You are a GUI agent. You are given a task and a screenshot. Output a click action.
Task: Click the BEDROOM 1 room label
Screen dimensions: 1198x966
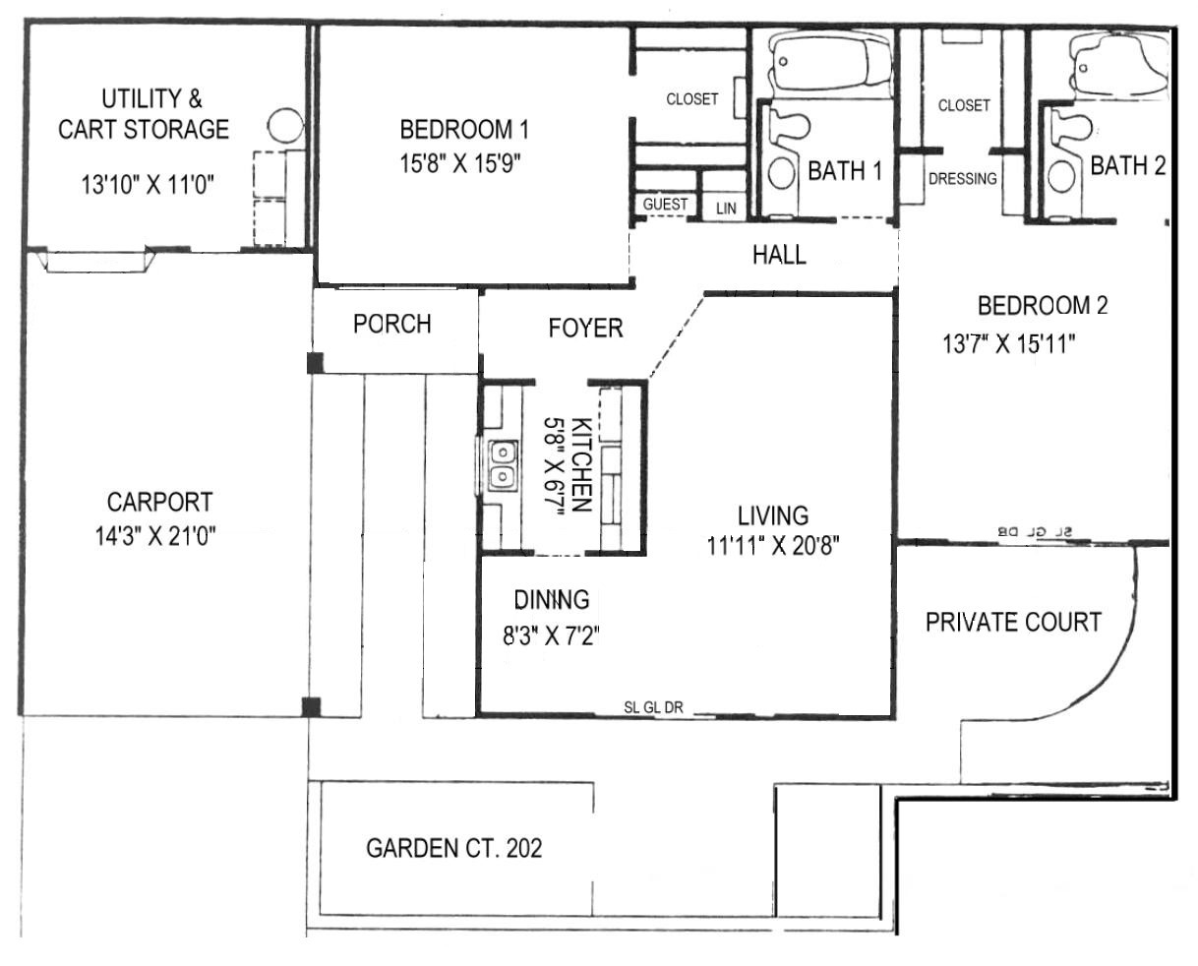coord(463,129)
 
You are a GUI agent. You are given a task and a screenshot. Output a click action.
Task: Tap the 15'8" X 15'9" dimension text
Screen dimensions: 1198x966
coord(460,163)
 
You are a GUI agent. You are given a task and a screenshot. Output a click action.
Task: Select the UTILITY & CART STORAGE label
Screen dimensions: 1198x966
coord(144,114)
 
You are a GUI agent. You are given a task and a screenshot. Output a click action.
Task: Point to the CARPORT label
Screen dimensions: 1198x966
coord(159,503)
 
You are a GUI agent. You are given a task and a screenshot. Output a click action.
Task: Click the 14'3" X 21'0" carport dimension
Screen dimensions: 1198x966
coord(155,536)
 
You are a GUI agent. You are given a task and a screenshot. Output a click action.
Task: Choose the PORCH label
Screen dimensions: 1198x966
coord(392,324)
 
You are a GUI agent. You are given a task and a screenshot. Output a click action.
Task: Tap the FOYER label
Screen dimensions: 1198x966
coord(585,328)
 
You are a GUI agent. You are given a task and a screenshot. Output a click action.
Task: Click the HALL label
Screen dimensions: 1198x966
coord(779,255)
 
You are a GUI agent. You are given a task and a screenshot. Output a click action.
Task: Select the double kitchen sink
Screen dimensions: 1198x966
coord(503,465)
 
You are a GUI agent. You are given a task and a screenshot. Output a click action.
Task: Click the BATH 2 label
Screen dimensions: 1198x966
coord(1128,166)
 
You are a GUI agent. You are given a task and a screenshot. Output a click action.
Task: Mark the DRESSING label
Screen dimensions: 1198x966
coord(963,179)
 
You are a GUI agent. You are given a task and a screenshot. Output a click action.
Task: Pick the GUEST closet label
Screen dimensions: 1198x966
coord(665,205)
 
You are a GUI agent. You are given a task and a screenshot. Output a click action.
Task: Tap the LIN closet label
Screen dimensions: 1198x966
coord(726,209)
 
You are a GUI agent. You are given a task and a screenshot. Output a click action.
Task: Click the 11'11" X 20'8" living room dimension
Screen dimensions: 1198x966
coord(773,546)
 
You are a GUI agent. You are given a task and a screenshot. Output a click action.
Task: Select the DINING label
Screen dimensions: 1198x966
coord(552,600)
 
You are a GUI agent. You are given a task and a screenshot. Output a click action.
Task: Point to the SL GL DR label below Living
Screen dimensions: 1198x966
coord(653,707)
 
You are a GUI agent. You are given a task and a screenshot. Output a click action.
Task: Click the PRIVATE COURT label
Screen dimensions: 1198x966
coord(1014,622)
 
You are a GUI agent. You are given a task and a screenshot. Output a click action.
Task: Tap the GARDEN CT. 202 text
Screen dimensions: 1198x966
coord(454,849)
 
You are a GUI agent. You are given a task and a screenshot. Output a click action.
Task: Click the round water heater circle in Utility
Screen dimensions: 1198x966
coord(285,126)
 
